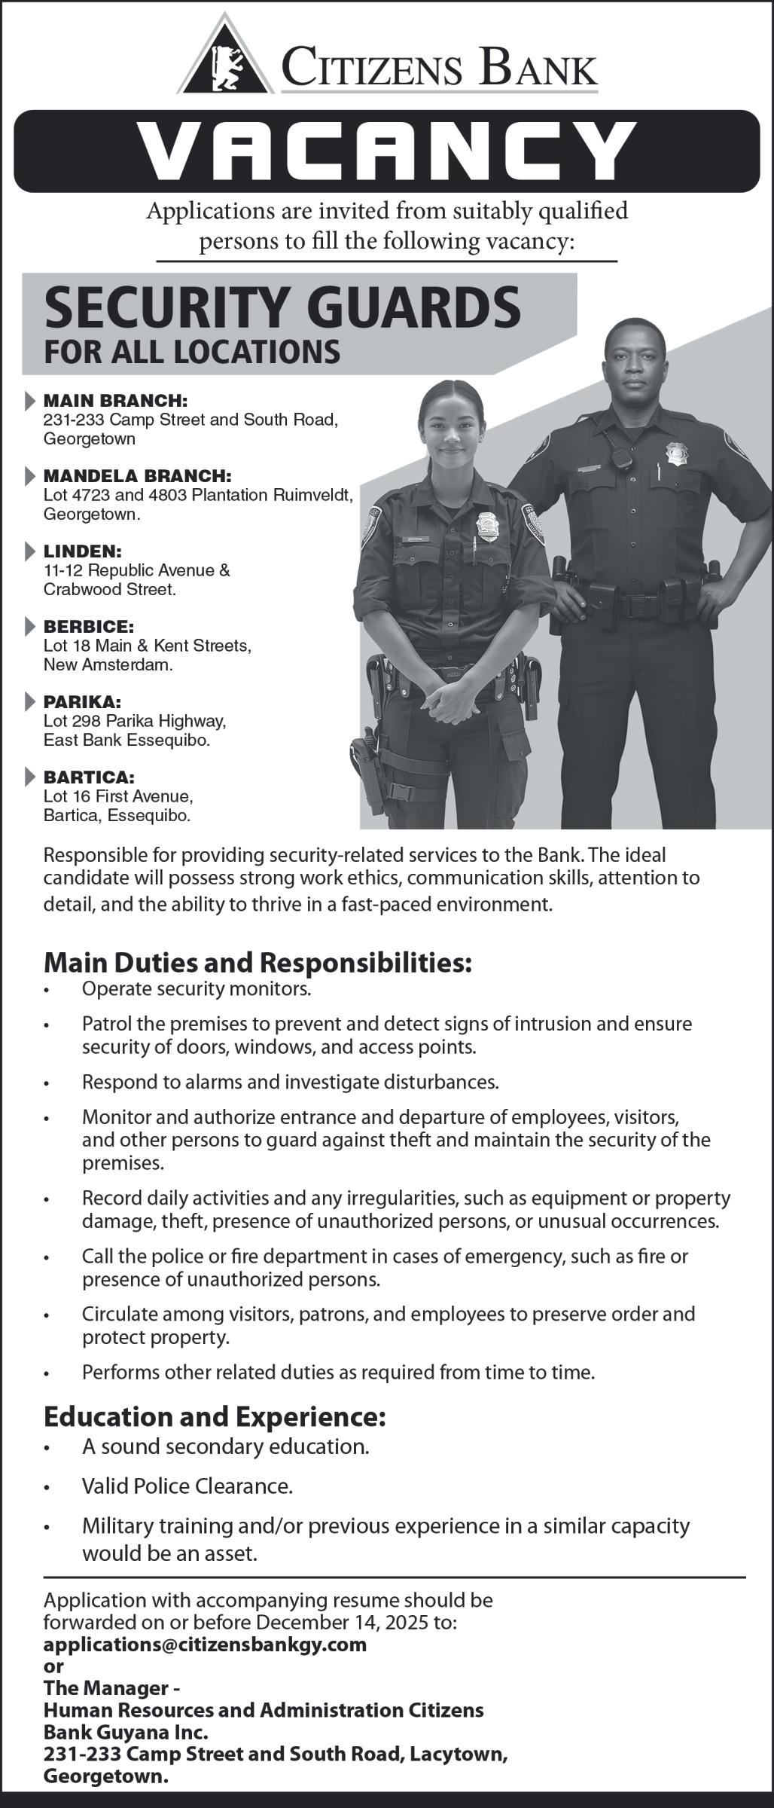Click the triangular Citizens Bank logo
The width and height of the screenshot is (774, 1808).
coord(226,57)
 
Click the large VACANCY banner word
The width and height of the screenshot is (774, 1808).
coord(386,151)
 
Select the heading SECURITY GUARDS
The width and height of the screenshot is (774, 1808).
coord(282,307)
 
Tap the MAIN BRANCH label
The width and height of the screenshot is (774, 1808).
coord(114,400)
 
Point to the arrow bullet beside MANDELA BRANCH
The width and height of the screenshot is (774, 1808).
coord(29,475)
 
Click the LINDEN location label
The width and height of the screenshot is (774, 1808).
coord(82,551)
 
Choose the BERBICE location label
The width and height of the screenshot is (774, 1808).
coord(88,626)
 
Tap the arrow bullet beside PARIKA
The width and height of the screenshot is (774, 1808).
coord(29,701)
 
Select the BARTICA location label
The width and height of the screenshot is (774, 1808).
coord(89,777)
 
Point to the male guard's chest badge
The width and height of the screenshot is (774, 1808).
coord(675,453)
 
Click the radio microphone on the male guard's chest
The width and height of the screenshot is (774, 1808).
coord(620,457)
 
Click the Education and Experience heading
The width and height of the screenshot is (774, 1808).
coord(215,1416)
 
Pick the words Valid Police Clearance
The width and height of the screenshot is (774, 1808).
coord(187,1486)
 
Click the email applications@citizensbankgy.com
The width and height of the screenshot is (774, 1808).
coord(205,1644)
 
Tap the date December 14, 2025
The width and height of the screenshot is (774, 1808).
coord(361,1622)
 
